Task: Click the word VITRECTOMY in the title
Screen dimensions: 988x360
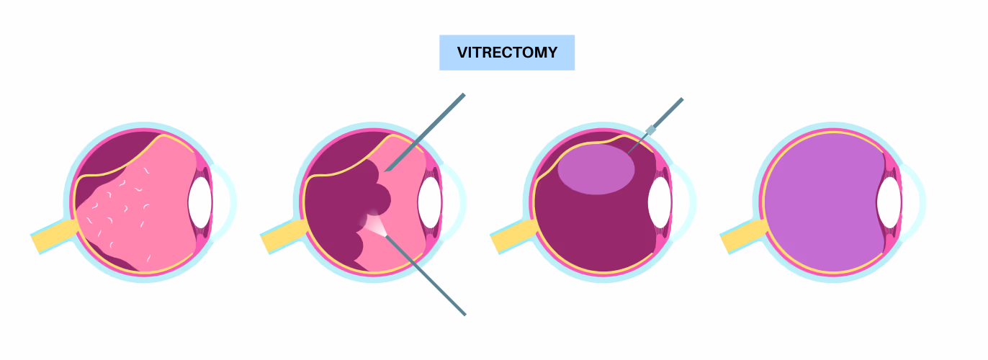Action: coord(507,53)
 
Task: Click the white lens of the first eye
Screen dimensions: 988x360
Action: coord(199,202)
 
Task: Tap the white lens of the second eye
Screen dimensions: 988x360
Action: coord(429,202)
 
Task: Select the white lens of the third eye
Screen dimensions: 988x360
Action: coord(660,202)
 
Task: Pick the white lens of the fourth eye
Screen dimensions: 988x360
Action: coord(889,202)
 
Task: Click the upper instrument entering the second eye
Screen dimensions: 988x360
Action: coord(425,132)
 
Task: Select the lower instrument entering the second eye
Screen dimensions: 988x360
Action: coord(425,275)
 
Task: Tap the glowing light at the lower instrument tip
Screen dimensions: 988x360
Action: coord(373,224)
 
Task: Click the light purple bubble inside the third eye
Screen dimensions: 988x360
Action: coord(596,169)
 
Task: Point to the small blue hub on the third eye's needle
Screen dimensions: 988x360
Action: coord(651,130)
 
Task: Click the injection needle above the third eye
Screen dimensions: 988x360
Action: coord(655,126)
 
